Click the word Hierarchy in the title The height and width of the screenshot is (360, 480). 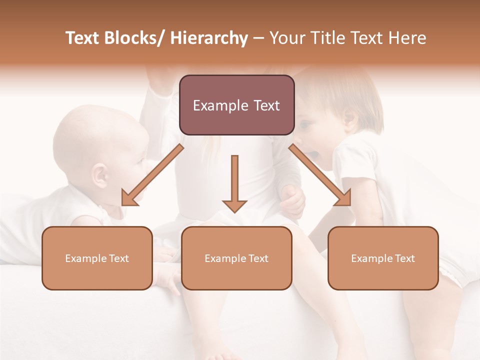pyautogui.click(x=209, y=38)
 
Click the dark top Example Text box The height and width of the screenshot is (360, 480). pyautogui.click(x=236, y=105)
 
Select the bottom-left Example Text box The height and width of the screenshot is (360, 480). pyautogui.click(x=97, y=258)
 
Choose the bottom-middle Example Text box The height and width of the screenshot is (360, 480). pyautogui.click(x=236, y=258)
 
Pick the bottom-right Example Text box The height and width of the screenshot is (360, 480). pyautogui.click(x=383, y=258)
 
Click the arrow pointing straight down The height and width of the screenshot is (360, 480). pyautogui.click(x=234, y=185)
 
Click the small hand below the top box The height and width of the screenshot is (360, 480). pyautogui.click(x=293, y=199)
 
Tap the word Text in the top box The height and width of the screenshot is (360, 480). pyautogui.click(x=265, y=105)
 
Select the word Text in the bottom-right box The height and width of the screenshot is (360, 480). pyautogui.click(x=404, y=258)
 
